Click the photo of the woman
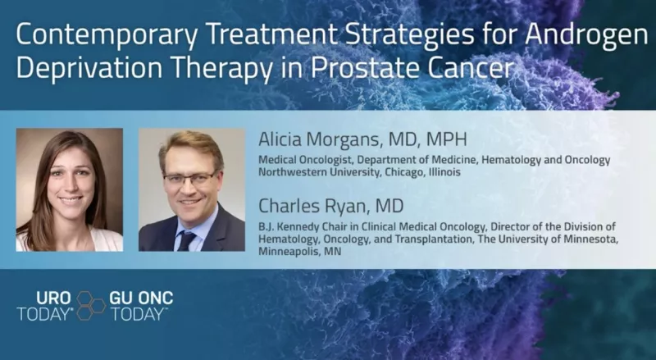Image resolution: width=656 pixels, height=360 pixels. click(69, 189)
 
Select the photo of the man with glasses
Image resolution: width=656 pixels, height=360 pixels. click(190, 189)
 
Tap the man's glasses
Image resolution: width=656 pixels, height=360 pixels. click(189, 175)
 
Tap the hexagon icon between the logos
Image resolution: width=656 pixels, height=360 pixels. click(91, 306)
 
